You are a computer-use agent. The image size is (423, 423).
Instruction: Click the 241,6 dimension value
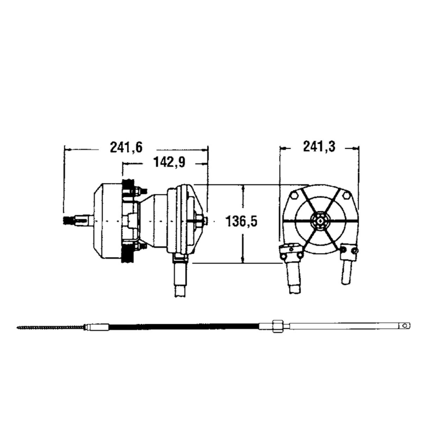126,148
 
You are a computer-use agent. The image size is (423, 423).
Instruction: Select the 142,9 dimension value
169,163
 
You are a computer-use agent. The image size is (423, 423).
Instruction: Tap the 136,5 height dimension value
242,221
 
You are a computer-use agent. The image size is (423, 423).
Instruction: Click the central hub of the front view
321,221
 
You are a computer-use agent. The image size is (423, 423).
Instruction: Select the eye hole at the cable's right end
404,325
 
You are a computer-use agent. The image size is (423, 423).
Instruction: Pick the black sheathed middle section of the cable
184,326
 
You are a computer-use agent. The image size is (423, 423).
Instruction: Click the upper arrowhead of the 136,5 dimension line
243,188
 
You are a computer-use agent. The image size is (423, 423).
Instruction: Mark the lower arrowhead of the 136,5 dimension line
243,260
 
